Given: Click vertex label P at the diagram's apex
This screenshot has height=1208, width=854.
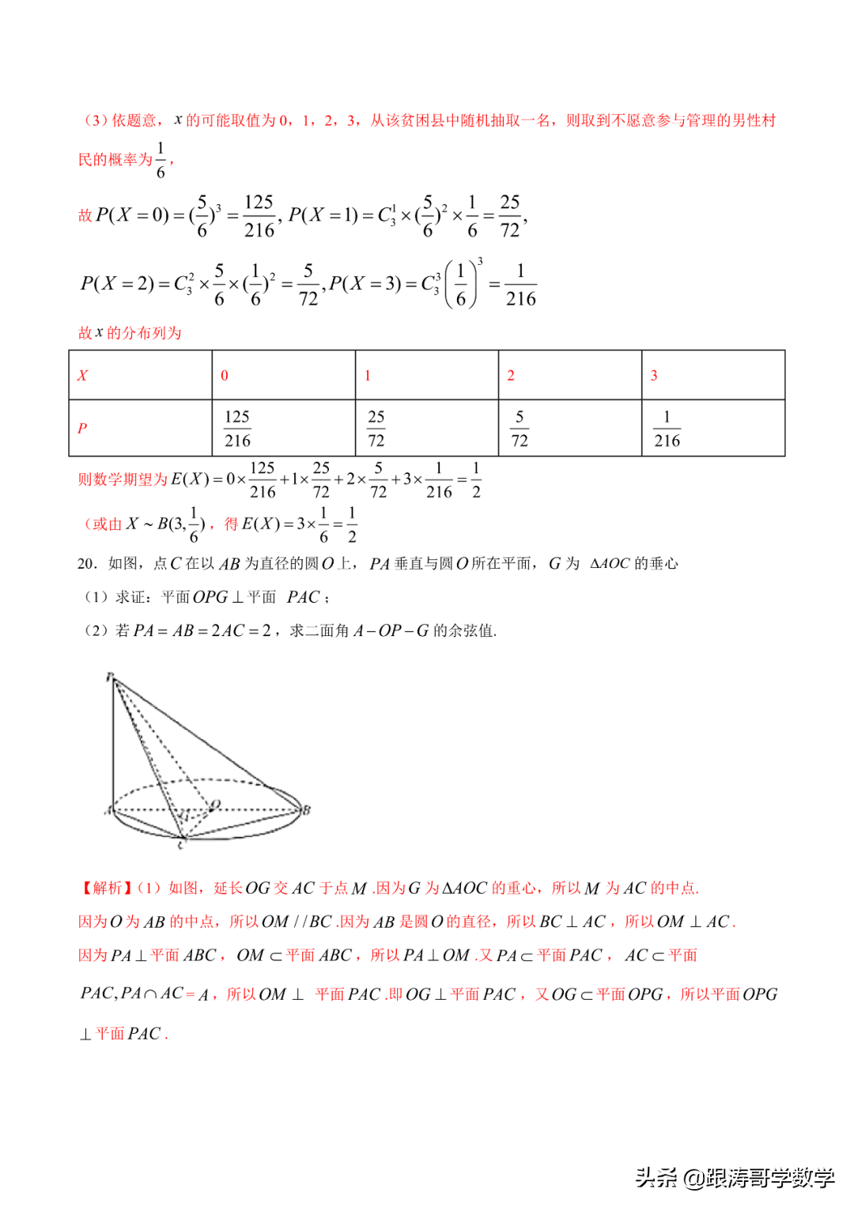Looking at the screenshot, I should (110, 676).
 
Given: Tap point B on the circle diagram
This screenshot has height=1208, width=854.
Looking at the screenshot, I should (307, 809).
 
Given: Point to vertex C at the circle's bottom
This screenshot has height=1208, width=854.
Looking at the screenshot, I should (181, 845).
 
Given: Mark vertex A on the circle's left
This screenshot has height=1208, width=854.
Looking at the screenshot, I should (108, 810).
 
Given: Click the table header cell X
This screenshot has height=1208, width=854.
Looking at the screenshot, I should (82, 376).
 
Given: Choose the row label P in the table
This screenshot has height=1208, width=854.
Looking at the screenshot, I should (82, 428).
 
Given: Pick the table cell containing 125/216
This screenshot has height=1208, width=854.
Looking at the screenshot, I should (237, 428).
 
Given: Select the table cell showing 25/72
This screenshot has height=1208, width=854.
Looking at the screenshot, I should (376, 428).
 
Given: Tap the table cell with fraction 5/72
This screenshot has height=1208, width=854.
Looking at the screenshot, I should (520, 428).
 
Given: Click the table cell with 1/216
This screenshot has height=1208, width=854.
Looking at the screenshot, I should (667, 428).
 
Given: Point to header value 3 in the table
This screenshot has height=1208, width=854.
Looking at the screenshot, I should (654, 376).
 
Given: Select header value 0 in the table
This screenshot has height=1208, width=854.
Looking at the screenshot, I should (225, 376).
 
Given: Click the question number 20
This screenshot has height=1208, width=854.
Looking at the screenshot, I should (87, 563).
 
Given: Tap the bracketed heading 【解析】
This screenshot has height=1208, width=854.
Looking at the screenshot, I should (105, 888).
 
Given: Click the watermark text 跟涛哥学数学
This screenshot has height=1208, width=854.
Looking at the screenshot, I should (770, 1178).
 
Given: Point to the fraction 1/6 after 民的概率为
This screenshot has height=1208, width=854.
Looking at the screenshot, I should (161, 160).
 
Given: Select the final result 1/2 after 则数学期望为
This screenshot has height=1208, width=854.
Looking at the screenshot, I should (476, 479).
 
